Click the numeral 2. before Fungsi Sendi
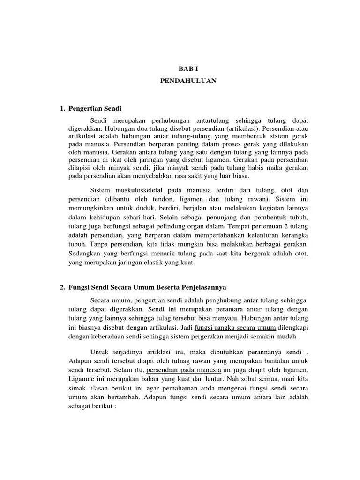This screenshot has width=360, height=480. click(62, 287)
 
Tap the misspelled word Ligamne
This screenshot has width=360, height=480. click(81, 380)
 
